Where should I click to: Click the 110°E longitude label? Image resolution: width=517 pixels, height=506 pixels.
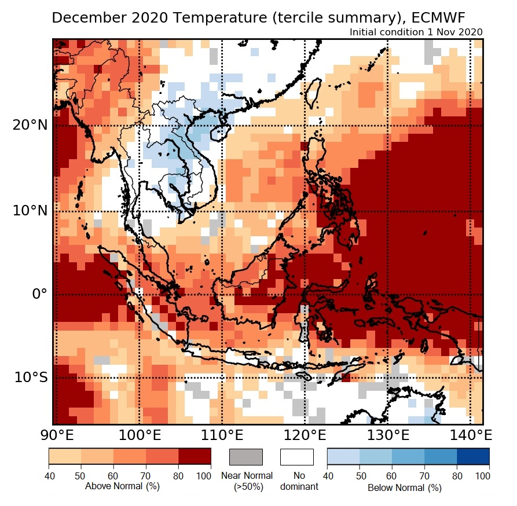click(222, 435)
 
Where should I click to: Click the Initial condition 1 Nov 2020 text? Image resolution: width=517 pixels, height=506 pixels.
click(416, 32)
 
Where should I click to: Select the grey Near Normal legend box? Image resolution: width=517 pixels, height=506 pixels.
click(246, 456)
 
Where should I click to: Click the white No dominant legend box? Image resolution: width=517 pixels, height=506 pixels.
click(296, 456)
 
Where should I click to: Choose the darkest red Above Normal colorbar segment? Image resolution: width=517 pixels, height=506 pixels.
click(195, 456)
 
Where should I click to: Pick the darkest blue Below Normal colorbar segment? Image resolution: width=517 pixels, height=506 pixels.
click(473, 456)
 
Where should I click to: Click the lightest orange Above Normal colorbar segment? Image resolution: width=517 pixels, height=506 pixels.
click(64, 456)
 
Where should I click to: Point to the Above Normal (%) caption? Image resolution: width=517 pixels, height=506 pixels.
click(122, 486)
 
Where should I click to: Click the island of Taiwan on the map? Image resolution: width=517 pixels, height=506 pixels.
click(313, 93)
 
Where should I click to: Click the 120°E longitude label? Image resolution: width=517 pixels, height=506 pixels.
click(305, 435)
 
